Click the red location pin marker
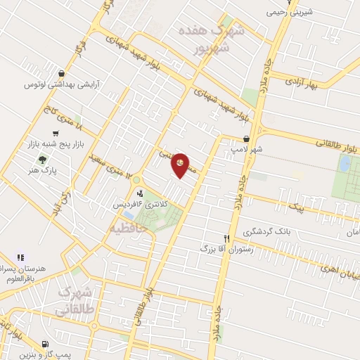click(x=181, y=164)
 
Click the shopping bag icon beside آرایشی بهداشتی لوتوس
click(x=63, y=73)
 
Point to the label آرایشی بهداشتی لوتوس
click(x=60, y=84)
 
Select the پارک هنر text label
click(x=43, y=170)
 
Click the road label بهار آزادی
click(x=302, y=82)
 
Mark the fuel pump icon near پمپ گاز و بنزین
click(x=45, y=345)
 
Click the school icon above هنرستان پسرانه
click(x=20, y=257)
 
